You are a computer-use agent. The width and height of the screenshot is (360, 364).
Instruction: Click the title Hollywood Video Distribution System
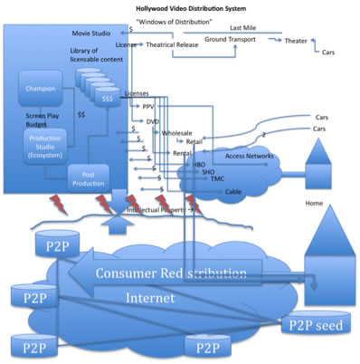pyautogui.click(x=192, y=7)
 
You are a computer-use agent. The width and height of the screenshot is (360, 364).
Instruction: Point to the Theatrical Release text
pyautogui.click(x=171, y=43)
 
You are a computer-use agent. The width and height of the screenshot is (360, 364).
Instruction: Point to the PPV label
pyautogui.click(x=147, y=107)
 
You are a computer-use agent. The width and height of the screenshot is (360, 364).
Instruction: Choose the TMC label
pyautogui.click(x=216, y=179)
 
